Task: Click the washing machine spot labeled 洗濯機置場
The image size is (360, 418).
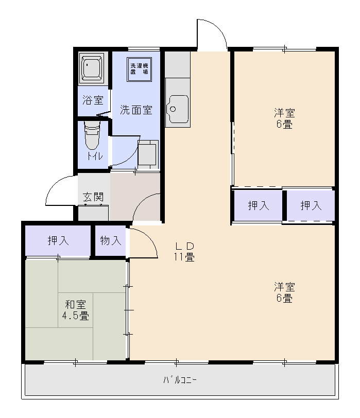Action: click(x=139, y=69)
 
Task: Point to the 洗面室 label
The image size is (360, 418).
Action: click(x=136, y=110)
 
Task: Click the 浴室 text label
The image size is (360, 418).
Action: click(x=93, y=100)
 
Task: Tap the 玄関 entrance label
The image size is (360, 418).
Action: click(x=93, y=197)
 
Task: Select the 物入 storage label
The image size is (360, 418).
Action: click(x=110, y=240)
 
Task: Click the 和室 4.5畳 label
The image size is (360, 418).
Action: click(x=76, y=310)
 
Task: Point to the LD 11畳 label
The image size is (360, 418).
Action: click(x=183, y=251)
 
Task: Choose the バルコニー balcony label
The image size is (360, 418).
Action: click(x=180, y=380)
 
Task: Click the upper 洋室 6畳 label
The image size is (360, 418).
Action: click(x=284, y=118)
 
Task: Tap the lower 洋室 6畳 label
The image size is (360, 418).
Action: click(x=284, y=292)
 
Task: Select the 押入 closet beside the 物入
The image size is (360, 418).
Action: click(x=58, y=240)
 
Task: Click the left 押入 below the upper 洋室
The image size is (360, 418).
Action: click(x=258, y=206)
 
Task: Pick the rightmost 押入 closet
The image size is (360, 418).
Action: click(x=311, y=206)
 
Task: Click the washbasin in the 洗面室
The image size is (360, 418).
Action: click(x=148, y=154)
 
